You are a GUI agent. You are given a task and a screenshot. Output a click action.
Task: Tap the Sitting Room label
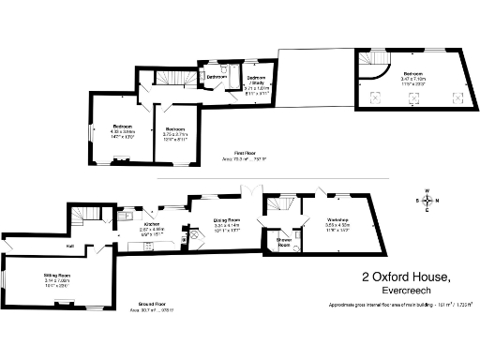[57, 278]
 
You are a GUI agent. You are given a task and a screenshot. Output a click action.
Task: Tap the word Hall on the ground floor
[44, 247]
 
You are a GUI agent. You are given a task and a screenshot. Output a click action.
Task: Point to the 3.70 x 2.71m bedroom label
[175, 132]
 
